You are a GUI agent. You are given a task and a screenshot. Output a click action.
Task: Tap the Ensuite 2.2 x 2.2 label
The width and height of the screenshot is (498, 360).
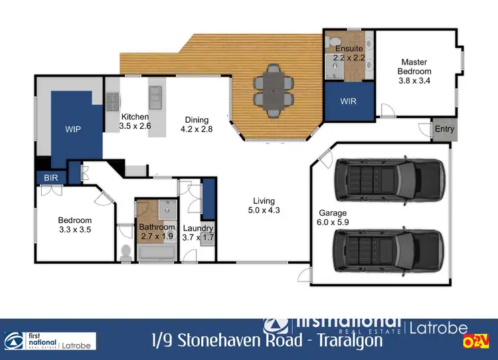(x=348, y=53)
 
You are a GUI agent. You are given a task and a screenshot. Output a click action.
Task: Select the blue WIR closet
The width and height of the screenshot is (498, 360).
(x=349, y=102)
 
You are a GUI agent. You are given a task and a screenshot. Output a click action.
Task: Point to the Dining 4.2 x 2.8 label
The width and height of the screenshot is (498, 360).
(x=198, y=124)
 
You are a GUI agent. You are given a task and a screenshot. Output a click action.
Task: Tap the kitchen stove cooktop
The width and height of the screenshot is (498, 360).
(x=114, y=101)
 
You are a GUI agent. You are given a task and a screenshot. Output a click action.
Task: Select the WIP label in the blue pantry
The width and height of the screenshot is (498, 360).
(x=72, y=129)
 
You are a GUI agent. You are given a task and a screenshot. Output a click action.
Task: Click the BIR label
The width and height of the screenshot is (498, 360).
(x=51, y=178)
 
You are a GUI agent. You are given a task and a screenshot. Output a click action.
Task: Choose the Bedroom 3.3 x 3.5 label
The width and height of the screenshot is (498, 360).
(x=74, y=225)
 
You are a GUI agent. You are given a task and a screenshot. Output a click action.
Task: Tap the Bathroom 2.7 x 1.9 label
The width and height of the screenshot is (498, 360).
(x=157, y=232)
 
